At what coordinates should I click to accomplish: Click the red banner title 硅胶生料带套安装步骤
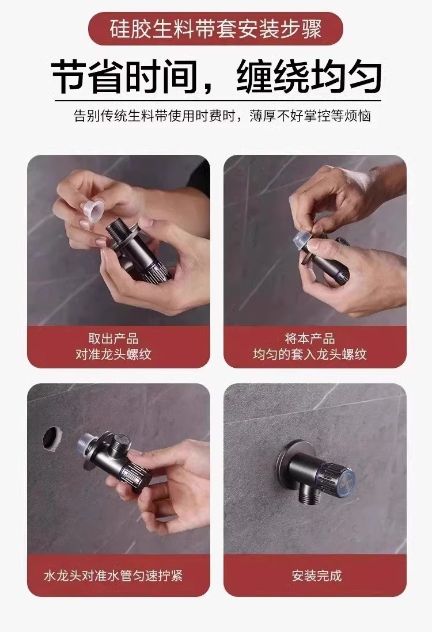215,28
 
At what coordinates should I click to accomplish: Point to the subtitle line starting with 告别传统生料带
222,116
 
